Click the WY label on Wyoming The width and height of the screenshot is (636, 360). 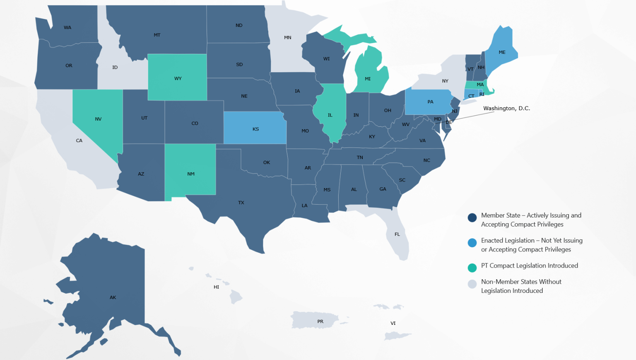pos(178,79)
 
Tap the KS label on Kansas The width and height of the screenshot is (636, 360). pos(255,129)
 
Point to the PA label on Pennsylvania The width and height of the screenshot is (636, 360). pos(430,102)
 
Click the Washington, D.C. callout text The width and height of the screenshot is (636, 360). pos(506,109)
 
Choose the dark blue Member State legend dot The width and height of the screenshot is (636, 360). pos(472,218)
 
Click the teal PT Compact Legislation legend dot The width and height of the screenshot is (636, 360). pos(472,268)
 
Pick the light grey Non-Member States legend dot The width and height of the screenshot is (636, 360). pos(472,284)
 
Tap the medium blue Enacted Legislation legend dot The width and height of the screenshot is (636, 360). pos(472,243)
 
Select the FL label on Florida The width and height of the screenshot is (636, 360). pos(397,234)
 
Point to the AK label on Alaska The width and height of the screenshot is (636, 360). pos(113,297)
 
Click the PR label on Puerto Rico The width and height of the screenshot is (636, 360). pos(320,321)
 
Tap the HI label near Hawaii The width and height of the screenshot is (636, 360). pos(216,287)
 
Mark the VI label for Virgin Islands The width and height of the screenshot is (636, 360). pos(393,323)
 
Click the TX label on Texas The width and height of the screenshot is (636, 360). pos(241,203)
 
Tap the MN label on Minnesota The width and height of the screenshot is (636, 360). pos(287,38)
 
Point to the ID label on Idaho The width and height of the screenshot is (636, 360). pos(115,68)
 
